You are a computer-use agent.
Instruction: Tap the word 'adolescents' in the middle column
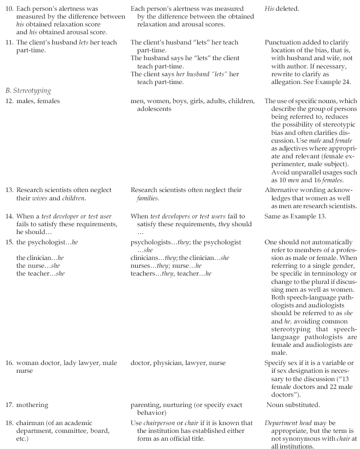pyautogui.click(x=154, y=109)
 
